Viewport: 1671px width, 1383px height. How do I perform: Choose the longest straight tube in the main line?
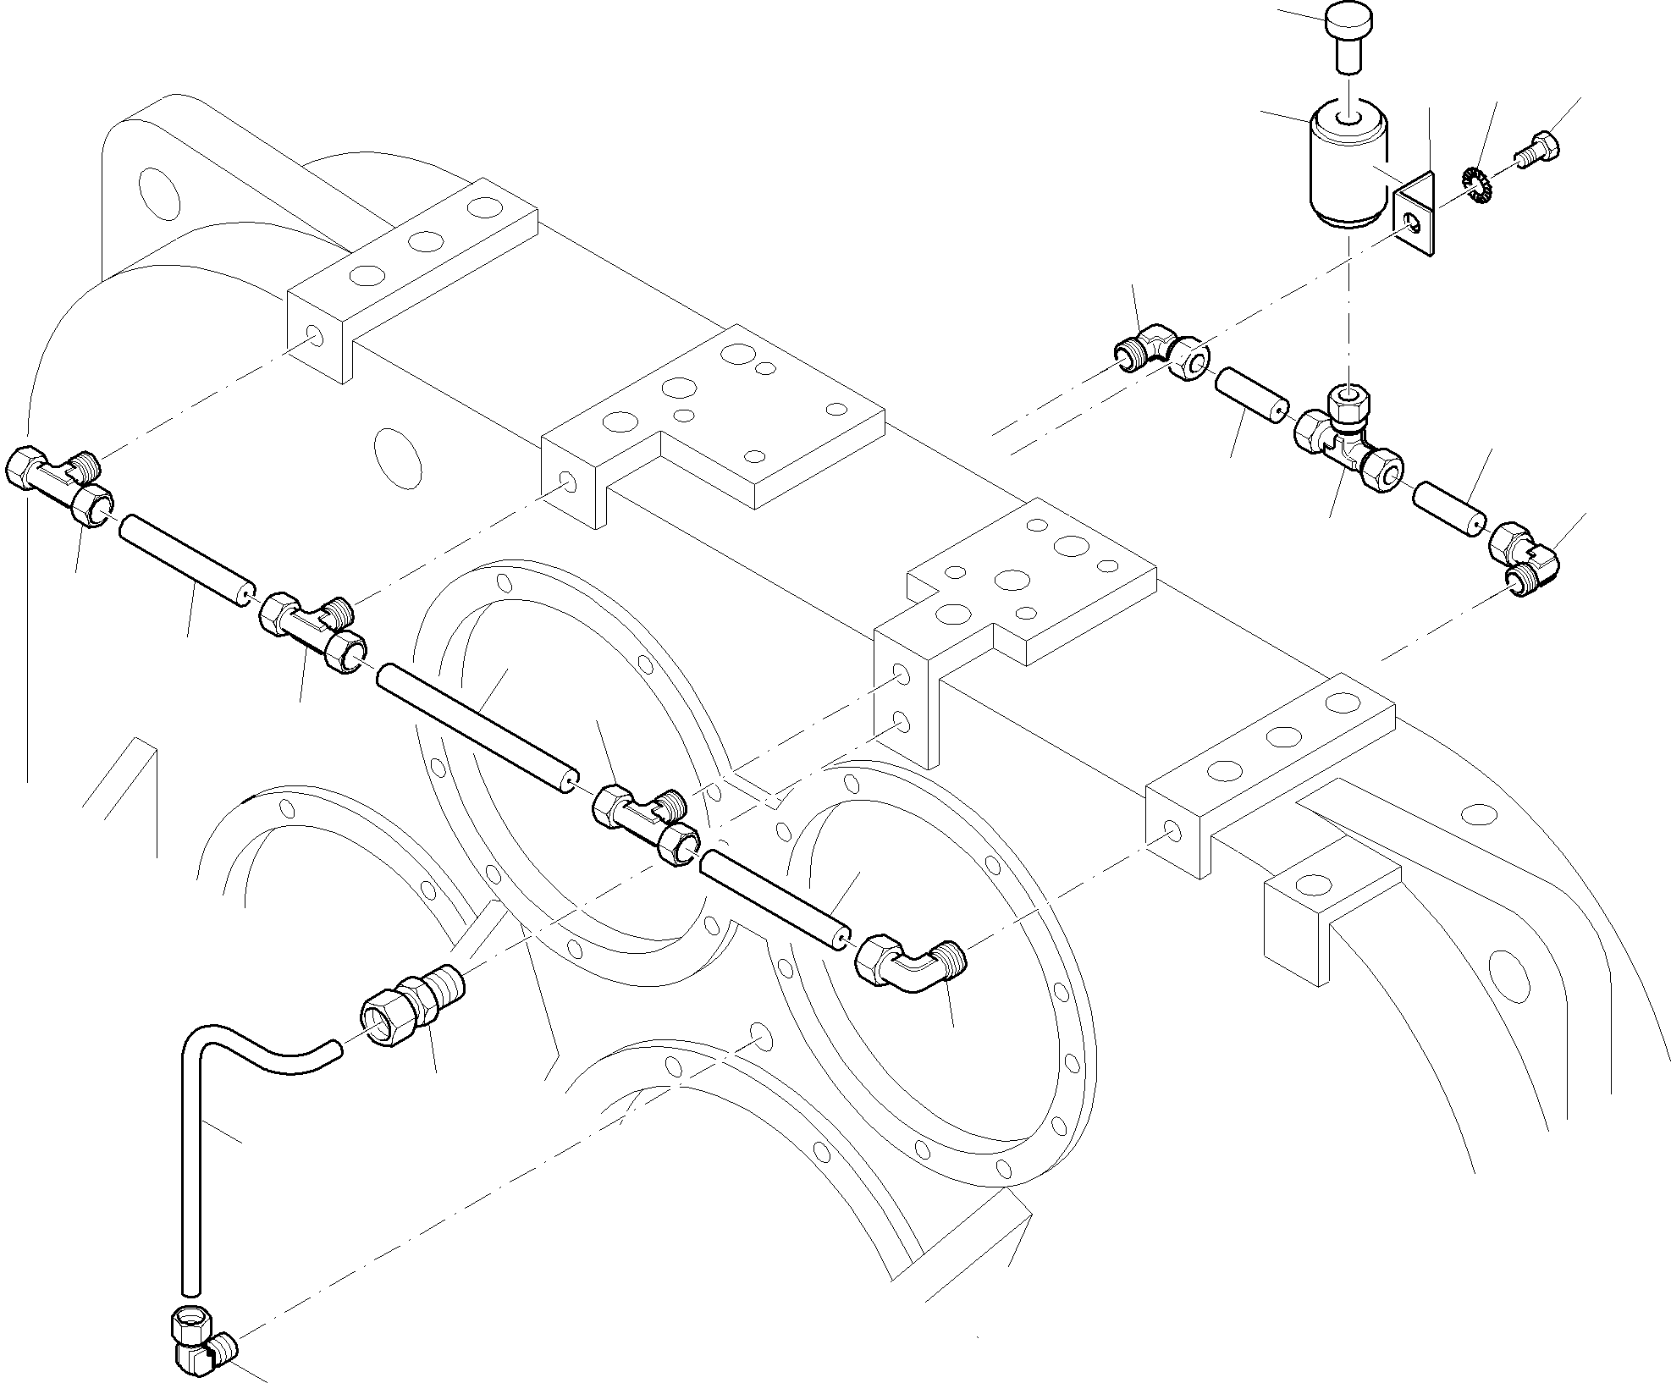(x=477, y=727)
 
